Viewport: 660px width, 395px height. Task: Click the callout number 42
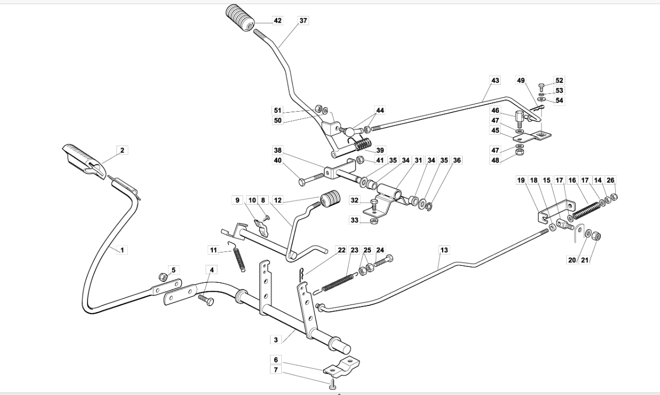[x=278, y=21]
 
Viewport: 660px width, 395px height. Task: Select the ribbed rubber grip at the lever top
[x=240, y=17]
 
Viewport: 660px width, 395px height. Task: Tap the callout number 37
[x=303, y=21]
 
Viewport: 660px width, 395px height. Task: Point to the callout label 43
[x=495, y=80]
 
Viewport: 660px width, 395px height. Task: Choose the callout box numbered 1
[x=122, y=250]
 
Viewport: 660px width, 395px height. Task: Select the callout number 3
[x=276, y=339]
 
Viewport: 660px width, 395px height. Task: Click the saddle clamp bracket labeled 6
[x=342, y=367]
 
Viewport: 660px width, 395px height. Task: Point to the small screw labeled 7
[x=333, y=384]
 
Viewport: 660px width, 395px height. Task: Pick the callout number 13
[x=444, y=250]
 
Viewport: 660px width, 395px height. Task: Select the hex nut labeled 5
[x=163, y=277]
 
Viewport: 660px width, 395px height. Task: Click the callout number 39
[x=380, y=150]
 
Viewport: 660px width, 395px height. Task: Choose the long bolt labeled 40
[x=311, y=178]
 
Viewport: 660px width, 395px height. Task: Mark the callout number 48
[x=495, y=160]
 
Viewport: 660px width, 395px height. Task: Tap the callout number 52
[x=559, y=80]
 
